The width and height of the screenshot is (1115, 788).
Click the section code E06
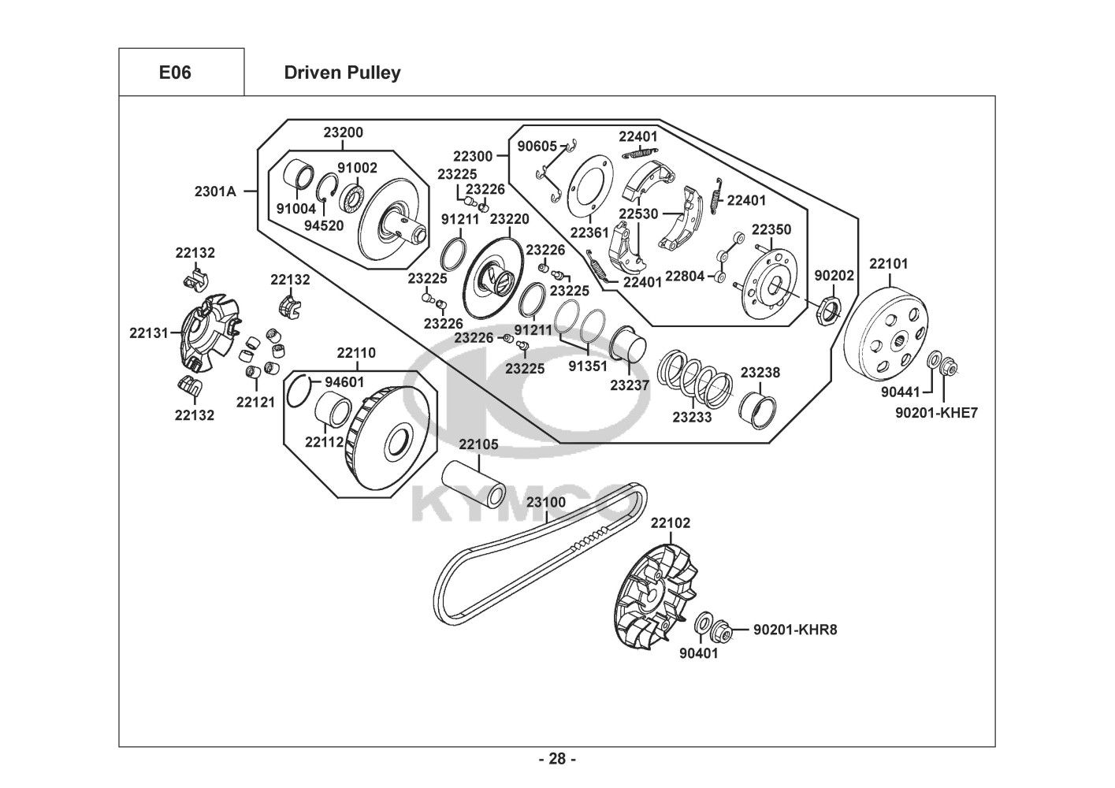[x=175, y=72]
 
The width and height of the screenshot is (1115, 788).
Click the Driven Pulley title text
[x=341, y=72]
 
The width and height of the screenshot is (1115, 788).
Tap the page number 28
[x=557, y=759]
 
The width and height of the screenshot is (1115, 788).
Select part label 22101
[x=889, y=263]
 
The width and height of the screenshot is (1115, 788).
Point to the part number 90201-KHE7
[x=937, y=412]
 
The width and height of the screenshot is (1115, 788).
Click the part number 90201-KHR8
[x=795, y=630]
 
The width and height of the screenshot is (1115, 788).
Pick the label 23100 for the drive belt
[x=546, y=502]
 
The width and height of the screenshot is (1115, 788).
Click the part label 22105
[x=478, y=444]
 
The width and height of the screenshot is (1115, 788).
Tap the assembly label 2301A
[x=215, y=191]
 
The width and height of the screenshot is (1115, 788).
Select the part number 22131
[x=149, y=333]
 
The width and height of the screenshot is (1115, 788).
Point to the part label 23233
[x=692, y=417]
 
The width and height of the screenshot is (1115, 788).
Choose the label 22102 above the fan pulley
[x=671, y=522]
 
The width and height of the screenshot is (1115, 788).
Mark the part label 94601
[x=344, y=383]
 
